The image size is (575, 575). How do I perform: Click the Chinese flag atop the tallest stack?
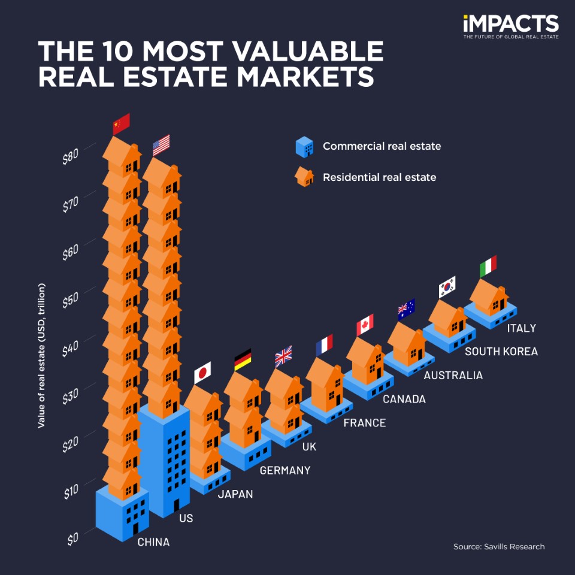click(x=122, y=123)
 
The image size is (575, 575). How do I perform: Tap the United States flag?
click(x=161, y=145)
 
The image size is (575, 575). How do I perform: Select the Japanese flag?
click(x=202, y=373)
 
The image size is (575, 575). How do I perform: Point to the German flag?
click(x=243, y=359)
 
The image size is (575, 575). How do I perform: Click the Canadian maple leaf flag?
click(x=365, y=325)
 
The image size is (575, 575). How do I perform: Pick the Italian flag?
click(x=488, y=267)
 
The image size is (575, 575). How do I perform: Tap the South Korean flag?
click(x=447, y=287)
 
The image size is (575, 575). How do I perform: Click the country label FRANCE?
click(x=364, y=423)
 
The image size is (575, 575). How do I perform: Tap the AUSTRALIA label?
click(x=453, y=376)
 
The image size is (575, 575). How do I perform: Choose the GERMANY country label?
click(x=285, y=471)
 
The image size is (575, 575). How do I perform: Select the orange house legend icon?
click(x=304, y=177)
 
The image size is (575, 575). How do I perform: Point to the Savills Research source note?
click(x=498, y=547)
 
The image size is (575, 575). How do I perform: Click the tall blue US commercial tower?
click(x=165, y=461)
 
